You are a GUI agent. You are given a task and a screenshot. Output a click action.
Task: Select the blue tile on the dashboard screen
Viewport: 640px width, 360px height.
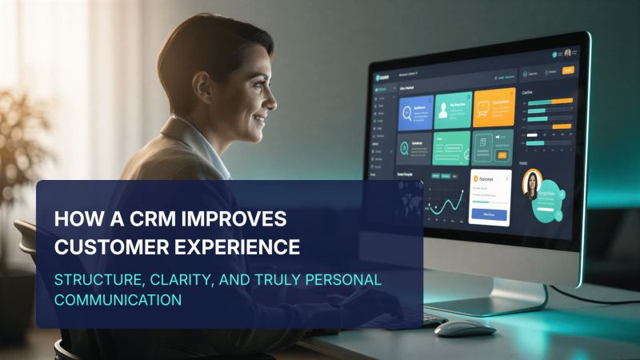point(414,112)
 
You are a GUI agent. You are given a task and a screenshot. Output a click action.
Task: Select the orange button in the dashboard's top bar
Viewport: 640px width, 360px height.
point(570,71)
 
